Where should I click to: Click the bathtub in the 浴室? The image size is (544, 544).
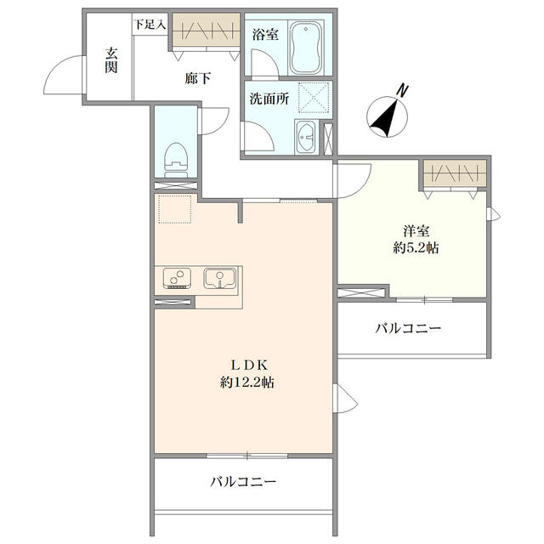(x=305, y=48)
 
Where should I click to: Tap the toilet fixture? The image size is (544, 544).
(x=176, y=161)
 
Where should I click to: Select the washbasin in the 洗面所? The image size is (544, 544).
(x=305, y=137)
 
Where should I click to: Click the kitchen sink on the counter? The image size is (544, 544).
(x=219, y=278)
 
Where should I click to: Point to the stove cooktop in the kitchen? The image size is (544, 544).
(x=177, y=278)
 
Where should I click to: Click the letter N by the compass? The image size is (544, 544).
(x=402, y=91)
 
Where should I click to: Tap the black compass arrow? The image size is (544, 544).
(x=384, y=117)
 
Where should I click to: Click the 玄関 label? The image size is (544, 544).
(x=111, y=60)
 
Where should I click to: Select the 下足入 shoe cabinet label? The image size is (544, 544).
(x=150, y=25)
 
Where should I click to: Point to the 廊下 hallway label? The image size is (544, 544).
(x=197, y=78)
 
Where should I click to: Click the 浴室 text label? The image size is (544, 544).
(x=265, y=34)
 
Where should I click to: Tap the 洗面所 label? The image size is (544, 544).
(x=269, y=99)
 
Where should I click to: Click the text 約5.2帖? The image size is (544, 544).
(x=416, y=247)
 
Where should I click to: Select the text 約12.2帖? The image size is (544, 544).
(x=247, y=382)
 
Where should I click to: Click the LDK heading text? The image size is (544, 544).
(x=249, y=365)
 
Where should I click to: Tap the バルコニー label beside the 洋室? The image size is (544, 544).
(x=408, y=328)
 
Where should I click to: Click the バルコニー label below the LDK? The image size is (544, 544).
(x=243, y=482)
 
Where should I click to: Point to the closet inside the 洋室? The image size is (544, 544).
(x=455, y=173)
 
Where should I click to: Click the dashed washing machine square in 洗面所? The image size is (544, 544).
(x=314, y=98)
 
